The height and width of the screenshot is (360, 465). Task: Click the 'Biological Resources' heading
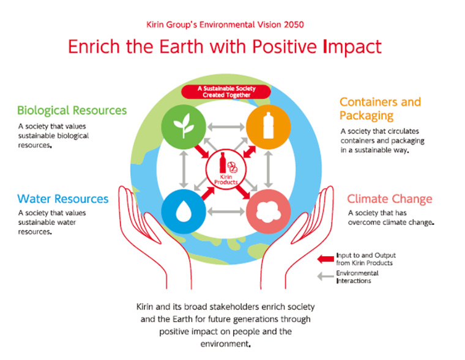(72, 111)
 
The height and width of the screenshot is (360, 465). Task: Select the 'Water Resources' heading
(63, 199)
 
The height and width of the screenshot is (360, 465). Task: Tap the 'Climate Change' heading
(390, 199)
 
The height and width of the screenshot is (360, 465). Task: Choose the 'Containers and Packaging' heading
(380, 108)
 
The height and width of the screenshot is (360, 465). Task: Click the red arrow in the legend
(324, 259)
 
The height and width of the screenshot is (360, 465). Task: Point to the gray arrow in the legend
(324, 276)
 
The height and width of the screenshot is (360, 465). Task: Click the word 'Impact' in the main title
(345, 47)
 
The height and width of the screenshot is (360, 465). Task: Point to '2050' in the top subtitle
(292, 24)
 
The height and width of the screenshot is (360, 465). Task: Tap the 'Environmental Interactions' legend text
(358, 277)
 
